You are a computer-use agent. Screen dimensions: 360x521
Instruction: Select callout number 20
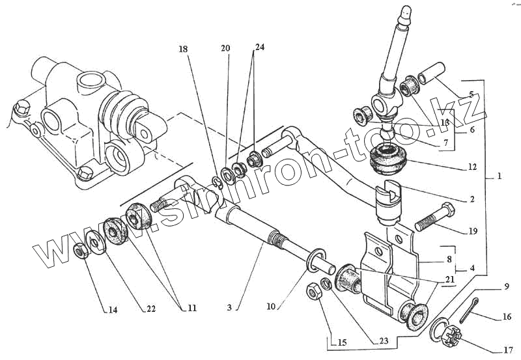click(225, 49)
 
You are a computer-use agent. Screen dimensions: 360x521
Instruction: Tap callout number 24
click(260, 48)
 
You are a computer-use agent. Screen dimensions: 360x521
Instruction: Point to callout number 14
click(113, 310)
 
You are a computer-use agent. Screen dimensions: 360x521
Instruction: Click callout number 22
click(150, 309)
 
